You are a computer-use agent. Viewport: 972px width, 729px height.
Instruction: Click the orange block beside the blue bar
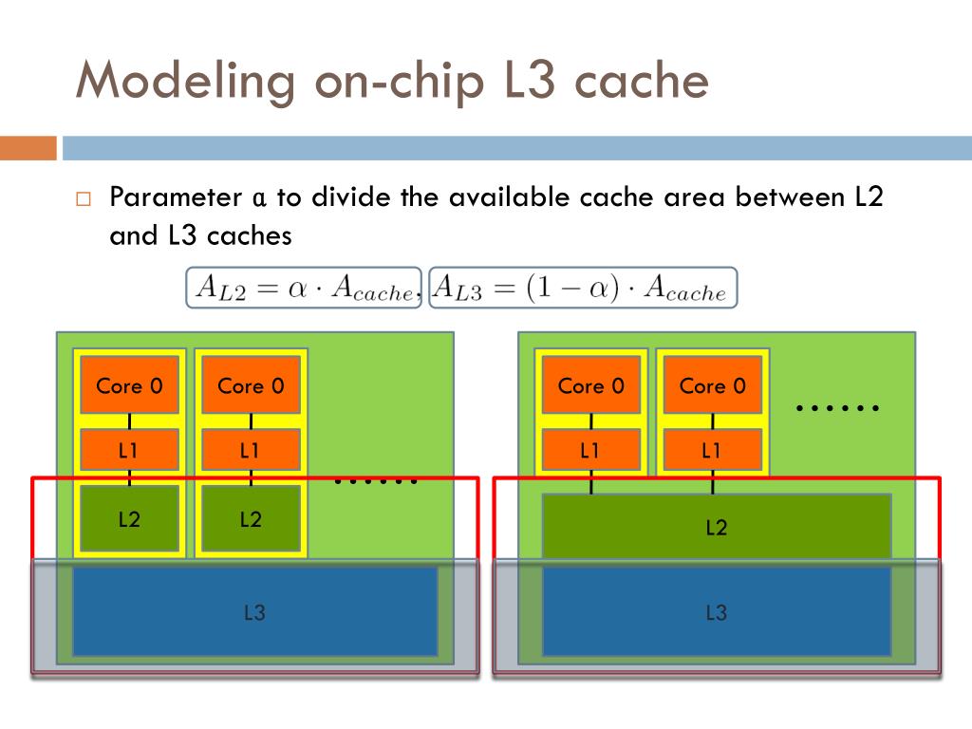(28, 148)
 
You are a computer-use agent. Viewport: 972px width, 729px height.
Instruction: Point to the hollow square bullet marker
(84, 199)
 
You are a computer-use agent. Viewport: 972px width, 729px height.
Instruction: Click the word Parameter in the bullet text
(176, 197)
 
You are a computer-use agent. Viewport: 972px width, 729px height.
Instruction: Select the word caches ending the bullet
(250, 236)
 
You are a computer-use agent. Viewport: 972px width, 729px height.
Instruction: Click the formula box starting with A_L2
(304, 288)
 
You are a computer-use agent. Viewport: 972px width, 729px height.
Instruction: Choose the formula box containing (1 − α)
(583, 288)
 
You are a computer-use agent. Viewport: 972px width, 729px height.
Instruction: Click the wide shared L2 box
(717, 527)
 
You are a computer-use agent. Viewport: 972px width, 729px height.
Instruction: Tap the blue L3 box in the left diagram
(254, 612)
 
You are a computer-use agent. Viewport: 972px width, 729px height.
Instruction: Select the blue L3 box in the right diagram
(717, 612)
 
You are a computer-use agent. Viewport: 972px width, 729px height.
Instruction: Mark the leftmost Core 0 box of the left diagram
(129, 385)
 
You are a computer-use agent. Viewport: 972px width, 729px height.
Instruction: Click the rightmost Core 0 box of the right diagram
(712, 385)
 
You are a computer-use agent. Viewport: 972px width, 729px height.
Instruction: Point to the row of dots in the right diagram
(837, 408)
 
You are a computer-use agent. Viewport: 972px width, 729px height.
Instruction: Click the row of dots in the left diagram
(376, 480)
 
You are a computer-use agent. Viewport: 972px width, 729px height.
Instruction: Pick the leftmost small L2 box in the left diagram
(129, 518)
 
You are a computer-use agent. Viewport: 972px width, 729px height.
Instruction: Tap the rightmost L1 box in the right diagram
(712, 449)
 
